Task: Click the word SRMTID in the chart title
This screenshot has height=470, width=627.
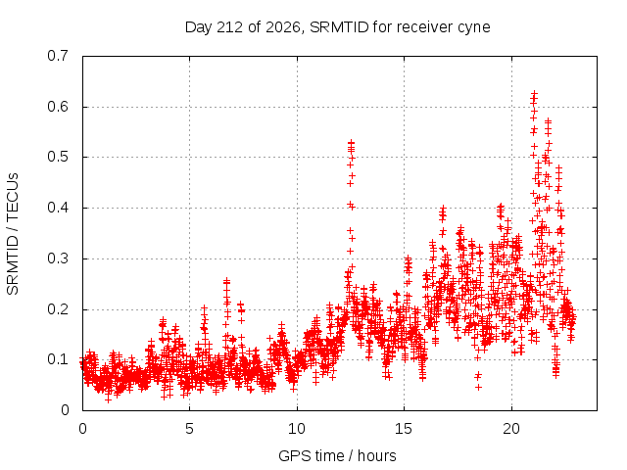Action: (339, 27)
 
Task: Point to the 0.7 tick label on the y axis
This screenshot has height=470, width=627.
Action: (58, 56)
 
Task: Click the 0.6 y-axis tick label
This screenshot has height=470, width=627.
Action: (58, 107)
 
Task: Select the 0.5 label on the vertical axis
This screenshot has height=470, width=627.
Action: (58, 157)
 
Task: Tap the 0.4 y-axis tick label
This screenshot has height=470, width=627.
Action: (58, 208)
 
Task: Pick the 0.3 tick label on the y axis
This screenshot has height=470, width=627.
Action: (58, 258)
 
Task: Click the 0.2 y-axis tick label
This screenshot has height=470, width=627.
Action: (58, 309)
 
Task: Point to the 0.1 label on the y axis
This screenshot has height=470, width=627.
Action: (58, 359)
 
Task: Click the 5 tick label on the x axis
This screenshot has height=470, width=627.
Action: (189, 429)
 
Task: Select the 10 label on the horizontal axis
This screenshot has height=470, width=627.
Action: (297, 429)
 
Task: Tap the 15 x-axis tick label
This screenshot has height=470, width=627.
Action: (404, 429)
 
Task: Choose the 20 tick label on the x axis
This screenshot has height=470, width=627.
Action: (511, 429)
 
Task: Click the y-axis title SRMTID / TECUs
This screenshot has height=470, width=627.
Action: (13, 234)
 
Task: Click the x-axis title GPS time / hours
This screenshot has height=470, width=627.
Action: (337, 456)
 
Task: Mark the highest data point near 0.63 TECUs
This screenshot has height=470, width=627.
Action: (534, 94)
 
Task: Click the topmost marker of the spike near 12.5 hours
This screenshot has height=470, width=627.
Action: (351, 142)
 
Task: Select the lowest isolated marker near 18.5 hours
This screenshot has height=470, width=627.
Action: (478, 388)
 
